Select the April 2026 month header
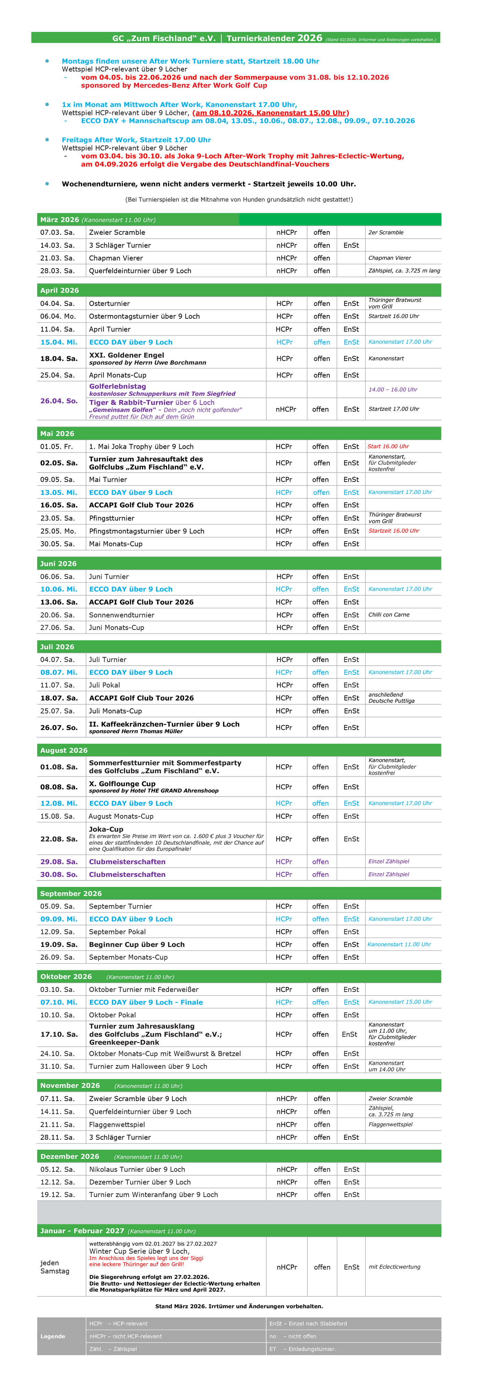[x=60, y=290]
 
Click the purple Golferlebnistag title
[x=117, y=386]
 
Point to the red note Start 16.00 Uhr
[x=388, y=446]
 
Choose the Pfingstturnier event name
[x=111, y=518]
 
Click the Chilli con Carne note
[x=389, y=614]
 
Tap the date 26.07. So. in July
[x=58, y=727]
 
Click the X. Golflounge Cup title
[x=122, y=783]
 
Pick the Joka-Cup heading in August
[x=106, y=829]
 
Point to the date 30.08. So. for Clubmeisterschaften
[x=58, y=874]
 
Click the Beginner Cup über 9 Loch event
[x=137, y=944]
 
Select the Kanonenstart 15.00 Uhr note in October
[x=400, y=1002]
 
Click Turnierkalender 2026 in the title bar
[x=274, y=38]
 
